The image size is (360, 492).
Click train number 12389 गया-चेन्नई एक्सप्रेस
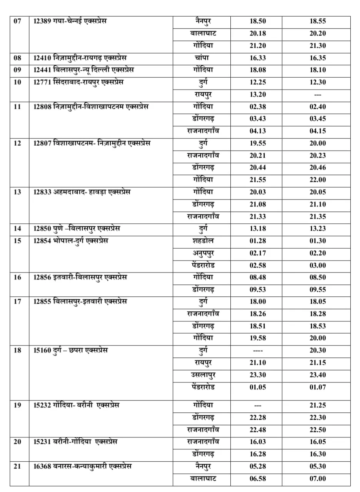pyautogui.click(x=70, y=21)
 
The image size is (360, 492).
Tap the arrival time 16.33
pyautogui.click(x=258, y=58)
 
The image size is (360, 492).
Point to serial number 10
pyautogui.click(x=18, y=82)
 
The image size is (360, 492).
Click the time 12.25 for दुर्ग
pyautogui.click(x=258, y=82)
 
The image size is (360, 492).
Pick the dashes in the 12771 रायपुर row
pyautogui.click(x=317, y=95)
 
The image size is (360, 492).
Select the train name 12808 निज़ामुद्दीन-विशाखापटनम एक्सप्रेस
pyautogui.click(x=91, y=106)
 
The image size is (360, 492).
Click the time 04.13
pyautogui.click(x=258, y=131)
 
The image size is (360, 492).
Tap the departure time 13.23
pyautogui.click(x=317, y=229)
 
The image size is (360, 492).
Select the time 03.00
pyautogui.click(x=317, y=266)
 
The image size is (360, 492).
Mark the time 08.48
pyautogui.click(x=258, y=278)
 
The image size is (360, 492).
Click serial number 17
pyautogui.click(x=18, y=302)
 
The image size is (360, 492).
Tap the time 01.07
pyautogui.click(x=317, y=387)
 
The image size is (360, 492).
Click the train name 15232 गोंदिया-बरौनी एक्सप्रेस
pyautogui.click(x=76, y=405)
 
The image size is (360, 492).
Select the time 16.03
pyautogui.click(x=258, y=442)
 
